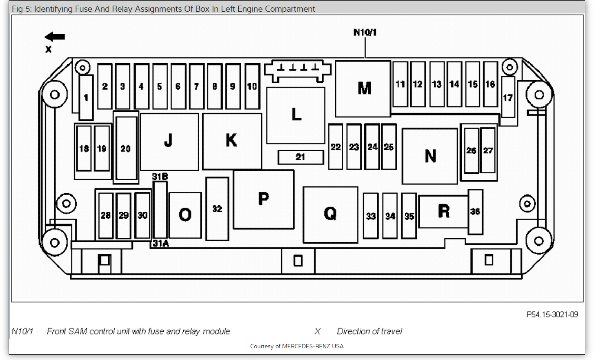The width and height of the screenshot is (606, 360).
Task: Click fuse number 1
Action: tap(86, 97)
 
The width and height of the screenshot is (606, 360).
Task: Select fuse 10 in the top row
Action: tap(252, 86)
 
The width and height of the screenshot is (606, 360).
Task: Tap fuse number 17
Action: tap(508, 97)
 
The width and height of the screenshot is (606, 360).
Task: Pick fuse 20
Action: tap(126, 148)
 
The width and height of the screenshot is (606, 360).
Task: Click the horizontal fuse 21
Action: tap(301, 157)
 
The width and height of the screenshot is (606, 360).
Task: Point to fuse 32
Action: tap(217, 208)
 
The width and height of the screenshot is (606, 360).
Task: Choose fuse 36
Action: tap(475, 211)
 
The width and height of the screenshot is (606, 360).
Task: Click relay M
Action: tap(363, 88)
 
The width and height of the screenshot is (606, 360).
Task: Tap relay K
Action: tap(232, 141)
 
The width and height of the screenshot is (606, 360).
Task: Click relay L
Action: tap(296, 115)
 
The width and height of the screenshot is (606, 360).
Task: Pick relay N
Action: tap(430, 156)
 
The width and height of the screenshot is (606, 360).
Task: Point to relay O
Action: tap(185, 215)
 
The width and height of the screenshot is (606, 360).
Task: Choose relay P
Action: tap(263, 199)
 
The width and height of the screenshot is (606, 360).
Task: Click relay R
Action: tap(444, 211)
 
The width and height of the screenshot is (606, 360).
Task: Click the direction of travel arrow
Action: tap(55, 37)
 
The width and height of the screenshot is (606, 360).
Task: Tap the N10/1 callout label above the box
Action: tap(365, 32)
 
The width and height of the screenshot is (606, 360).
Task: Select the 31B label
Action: tap(160, 177)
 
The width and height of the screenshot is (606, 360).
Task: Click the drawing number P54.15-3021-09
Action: tap(552, 315)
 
